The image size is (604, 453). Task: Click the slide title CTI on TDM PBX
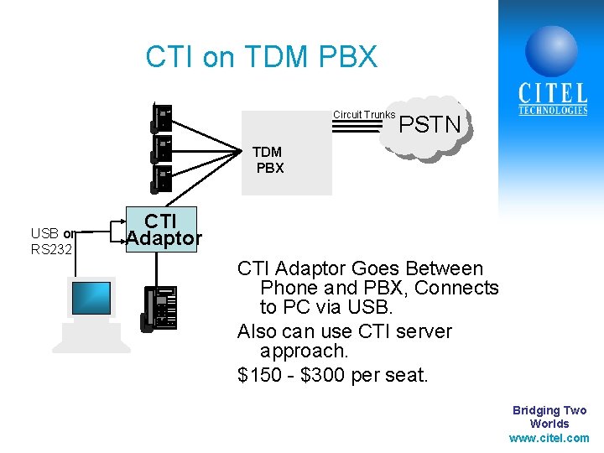pos(261,57)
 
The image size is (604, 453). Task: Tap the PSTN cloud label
pos(430,125)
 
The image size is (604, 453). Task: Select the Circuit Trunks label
pos(364,114)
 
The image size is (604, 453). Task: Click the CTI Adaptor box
pos(162,229)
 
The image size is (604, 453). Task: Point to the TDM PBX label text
pos(268,159)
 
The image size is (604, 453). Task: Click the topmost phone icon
pos(161,117)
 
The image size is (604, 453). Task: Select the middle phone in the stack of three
pos(161,148)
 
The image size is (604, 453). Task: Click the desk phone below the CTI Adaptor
pos(160,309)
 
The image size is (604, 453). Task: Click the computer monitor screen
pos(91,298)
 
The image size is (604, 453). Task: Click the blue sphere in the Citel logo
pos(551,50)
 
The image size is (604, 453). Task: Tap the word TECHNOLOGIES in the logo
pos(553,111)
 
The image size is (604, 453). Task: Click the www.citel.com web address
pos(549,438)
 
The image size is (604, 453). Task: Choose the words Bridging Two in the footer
pos(549,410)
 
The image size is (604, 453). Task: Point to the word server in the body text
pos(424,331)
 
